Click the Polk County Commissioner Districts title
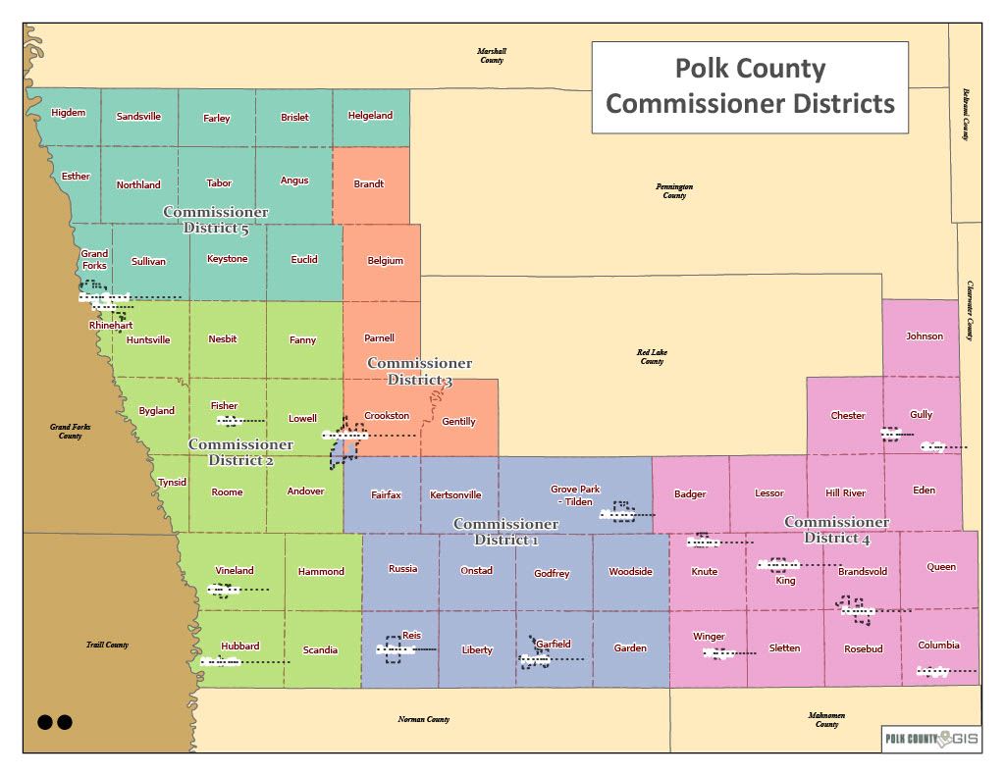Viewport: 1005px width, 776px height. tap(750, 86)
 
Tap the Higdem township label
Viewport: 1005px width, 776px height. tap(69, 113)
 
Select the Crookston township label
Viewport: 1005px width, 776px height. tap(387, 416)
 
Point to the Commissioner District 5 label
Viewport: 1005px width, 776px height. tap(216, 221)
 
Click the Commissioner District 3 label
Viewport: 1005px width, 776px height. tap(419, 372)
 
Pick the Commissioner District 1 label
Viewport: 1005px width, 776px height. tap(505, 532)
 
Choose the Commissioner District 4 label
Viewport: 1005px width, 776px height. tap(837, 530)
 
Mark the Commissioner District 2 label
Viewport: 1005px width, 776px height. tap(240, 452)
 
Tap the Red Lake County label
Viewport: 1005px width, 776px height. tap(652, 356)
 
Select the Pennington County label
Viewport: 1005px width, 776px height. tap(674, 190)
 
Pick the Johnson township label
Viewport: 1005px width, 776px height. tap(925, 336)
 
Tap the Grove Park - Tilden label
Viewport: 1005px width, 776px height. tap(575, 495)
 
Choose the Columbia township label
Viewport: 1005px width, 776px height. tap(938, 646)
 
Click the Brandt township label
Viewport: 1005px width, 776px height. tap(369, 184)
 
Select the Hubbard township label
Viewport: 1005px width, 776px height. tap(239, 647)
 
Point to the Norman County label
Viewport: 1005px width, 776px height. tap(424, 720)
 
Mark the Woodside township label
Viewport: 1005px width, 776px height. tap(630, 572)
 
